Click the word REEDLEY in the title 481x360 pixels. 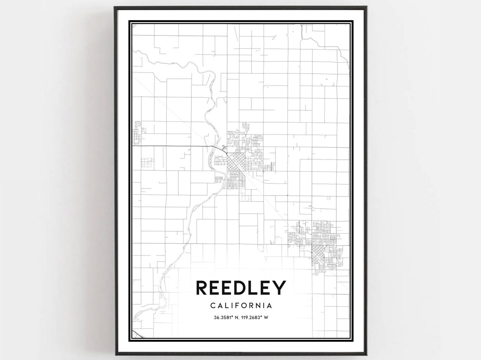(x=241, y=288)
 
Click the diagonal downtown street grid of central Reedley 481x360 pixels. (x=235, y=162)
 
